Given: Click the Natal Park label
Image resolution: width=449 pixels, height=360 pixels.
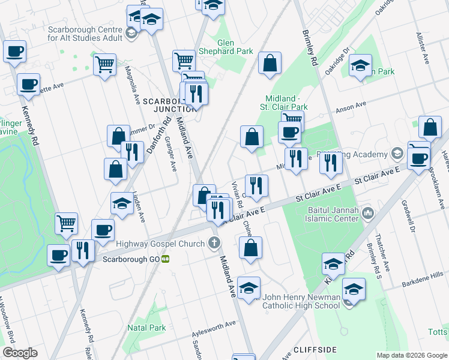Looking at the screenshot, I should click(x=146, y=328).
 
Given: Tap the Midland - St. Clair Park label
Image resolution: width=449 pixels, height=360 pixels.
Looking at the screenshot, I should click(x=286, y=103).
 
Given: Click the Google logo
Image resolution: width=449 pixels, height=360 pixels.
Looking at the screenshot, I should click(x=20, y=353).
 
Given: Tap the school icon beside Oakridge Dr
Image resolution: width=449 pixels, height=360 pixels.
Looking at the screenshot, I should click(x=360, y=67).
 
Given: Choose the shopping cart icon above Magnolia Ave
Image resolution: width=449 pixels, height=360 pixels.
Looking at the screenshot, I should click(x=105, y=64).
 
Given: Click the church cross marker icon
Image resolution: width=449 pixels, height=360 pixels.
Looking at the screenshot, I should click(x=214, y=243).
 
